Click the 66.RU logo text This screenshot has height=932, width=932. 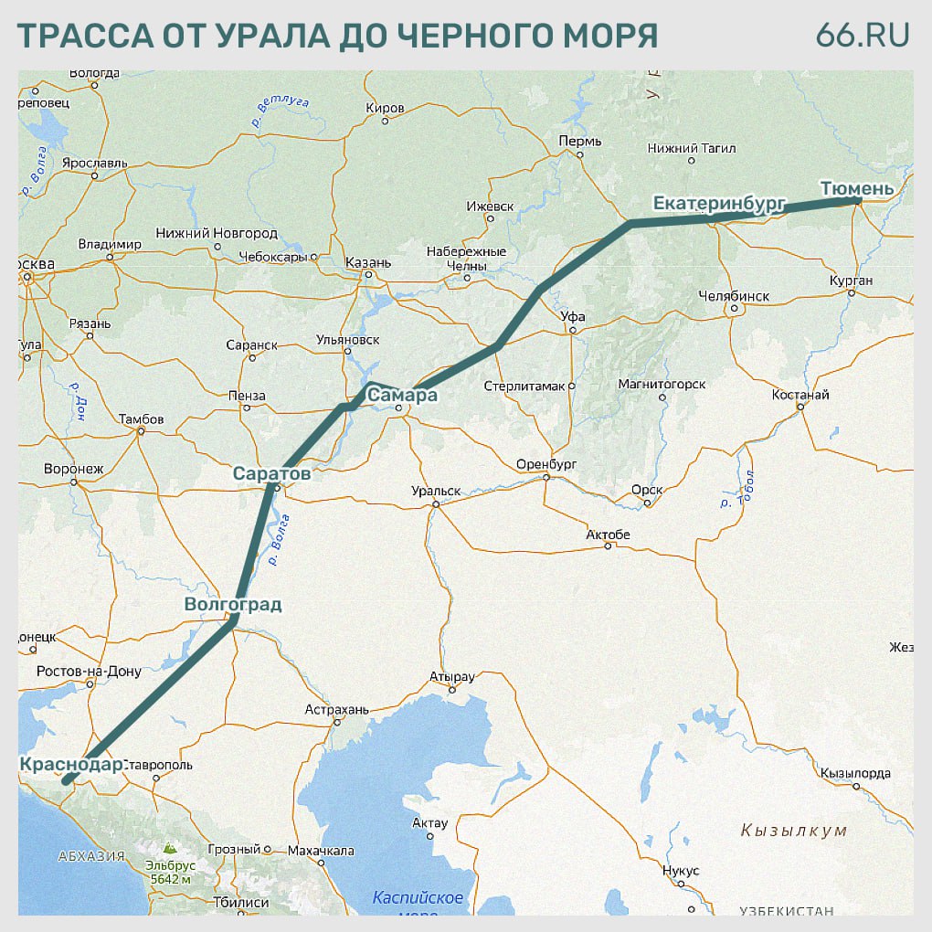pyautogui.click(x=863, y=35)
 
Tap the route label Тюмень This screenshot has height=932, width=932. pyautogui.click(x=856, y=188)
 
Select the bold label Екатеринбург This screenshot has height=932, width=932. pyautogui.click(x=719, y=203)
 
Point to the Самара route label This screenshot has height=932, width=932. pyautogui.click(x=402, y=396)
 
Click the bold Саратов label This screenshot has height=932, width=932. pyautogui.click(x=271, y=474)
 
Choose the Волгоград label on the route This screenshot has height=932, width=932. pyautogui.click(x=232, y=604)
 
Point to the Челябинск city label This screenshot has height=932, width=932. pyautogui.click(x=733, y=296)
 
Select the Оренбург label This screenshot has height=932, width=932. pyautogui.click(x=545, y=464)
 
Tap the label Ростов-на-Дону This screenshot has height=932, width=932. pyautogui.click(x=89, y=672)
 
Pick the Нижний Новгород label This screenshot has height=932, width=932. pyautogui.click(x=217, y=233)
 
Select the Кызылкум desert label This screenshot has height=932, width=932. pyautogui.click(x=794, y=831)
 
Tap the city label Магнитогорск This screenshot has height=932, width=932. pyautogui.click(x=662, y=385)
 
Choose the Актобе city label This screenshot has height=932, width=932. pyautogui.click(x=608, y=535)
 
